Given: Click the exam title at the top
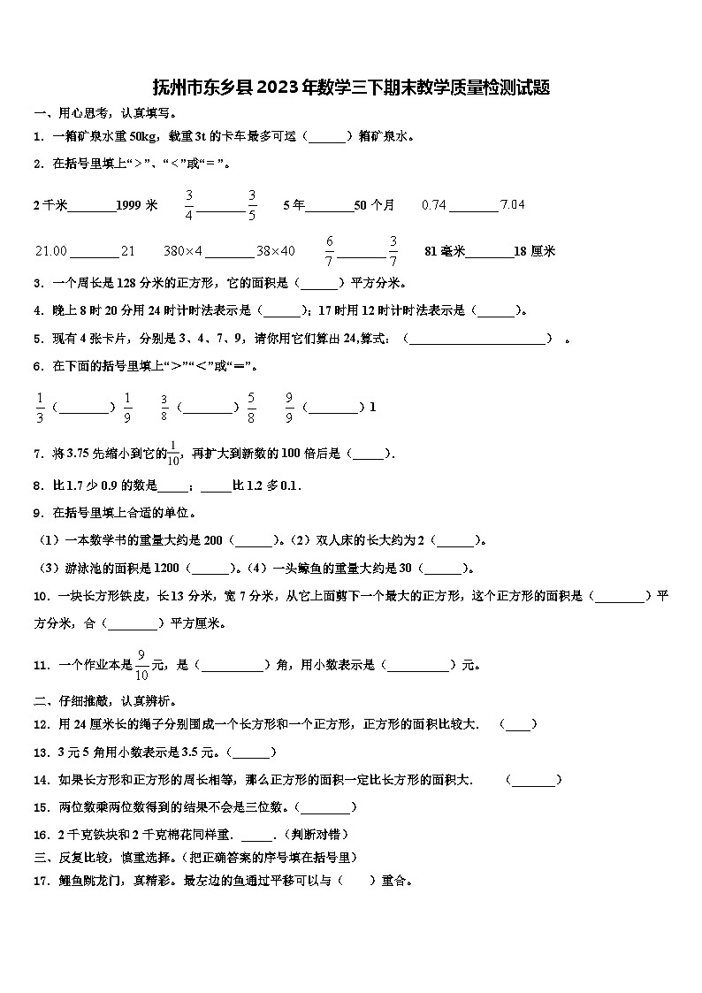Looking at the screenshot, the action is [x=351, y=87].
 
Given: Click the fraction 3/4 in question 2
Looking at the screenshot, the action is [x=189, y=204].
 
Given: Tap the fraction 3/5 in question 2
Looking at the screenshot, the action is [x=252, y=204].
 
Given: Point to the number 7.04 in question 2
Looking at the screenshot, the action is [x=513, y=205].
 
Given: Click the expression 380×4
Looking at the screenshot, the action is [x=183, y=251].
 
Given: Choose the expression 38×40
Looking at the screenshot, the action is [x=276, y=251].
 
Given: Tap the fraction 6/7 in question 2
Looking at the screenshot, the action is [x=330, y=250].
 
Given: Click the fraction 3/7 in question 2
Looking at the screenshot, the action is [x=393, y=250].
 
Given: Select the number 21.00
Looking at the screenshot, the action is [x=51, y=251].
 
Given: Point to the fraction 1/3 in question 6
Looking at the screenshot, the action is [x=40, y=407].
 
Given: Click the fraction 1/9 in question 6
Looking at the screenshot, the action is [x=127, y=407].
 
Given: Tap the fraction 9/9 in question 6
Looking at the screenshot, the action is [x=289, y=407].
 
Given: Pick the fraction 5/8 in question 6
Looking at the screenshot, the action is [x=252, y=407].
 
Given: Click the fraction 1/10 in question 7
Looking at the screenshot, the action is [x=173, y=453].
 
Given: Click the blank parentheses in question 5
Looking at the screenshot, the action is [x=478, y=339].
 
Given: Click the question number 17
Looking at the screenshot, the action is [x=40, y=881].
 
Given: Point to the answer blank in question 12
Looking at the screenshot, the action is [x=518, y=724].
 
